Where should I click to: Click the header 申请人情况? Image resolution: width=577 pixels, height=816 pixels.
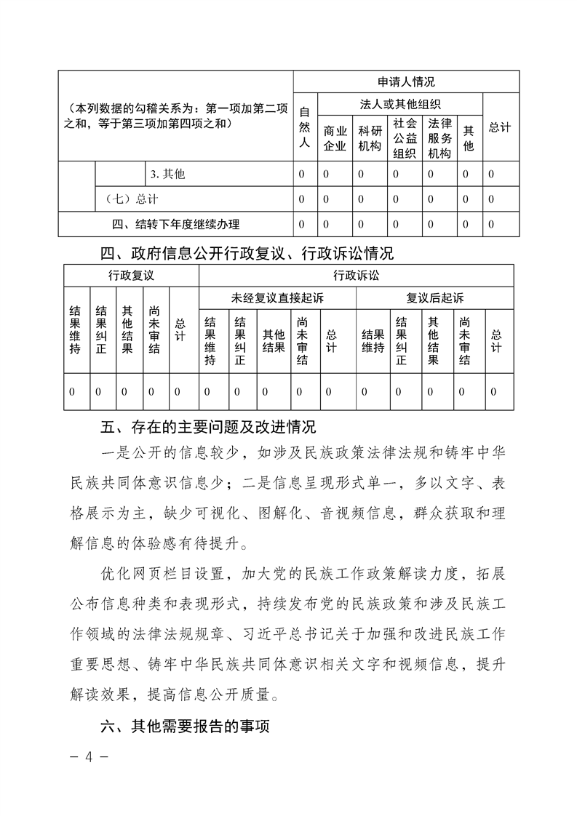pyautogui.click(x=406, y=81)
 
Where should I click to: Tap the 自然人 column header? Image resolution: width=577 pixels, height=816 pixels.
pyautogui.click(x=305, y=127)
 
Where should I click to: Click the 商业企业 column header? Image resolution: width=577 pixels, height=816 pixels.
pyautogui.click(x=335, y=138)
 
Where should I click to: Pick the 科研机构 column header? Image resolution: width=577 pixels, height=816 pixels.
pyautogui.click(x=370, y=138)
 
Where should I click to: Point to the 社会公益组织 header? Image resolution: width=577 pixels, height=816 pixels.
pyautogui.click(x=405, y=138)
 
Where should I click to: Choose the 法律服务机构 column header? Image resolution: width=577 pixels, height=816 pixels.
pyautogui.click(x=439, y=138)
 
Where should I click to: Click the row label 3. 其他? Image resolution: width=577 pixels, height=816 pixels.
pyautogui.click(x=167, y=175)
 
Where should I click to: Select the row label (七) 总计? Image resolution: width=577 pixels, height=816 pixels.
pyautogui.click(x=132, y=199)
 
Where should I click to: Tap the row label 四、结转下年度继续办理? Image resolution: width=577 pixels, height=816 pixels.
pyautogui.click(x=175, y=224)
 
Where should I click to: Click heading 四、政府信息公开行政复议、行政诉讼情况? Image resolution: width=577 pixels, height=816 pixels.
pyautogui.click(x=247, y=254)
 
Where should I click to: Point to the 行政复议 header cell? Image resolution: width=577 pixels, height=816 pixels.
pyautogui.click(x=131, y=276)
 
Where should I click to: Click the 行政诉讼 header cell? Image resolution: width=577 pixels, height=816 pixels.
pyautogui.click(x=357, y=276)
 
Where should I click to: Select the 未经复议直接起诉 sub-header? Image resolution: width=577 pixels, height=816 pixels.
pyautogui.click(x=277, y=297)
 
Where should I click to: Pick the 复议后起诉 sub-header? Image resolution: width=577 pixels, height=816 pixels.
pyautogui.click(x=435, y=297)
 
